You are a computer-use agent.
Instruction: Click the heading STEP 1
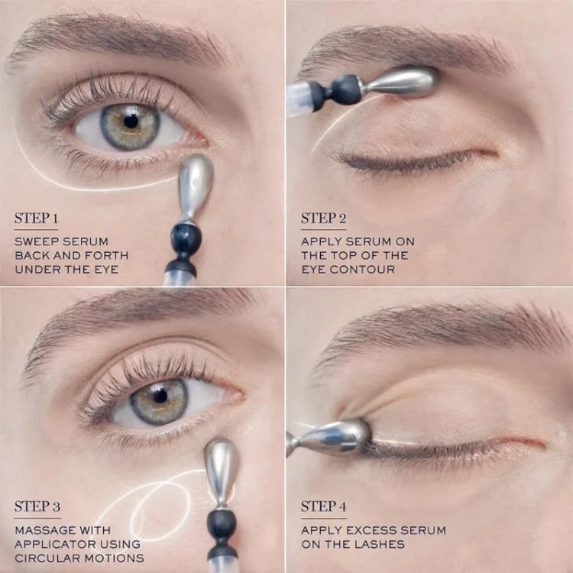point(36,219)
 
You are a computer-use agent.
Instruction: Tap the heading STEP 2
point(323,219)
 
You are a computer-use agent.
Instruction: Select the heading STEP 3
point(37,507)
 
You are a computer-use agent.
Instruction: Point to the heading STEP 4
point(323,507)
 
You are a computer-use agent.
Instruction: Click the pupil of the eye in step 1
point(131,121)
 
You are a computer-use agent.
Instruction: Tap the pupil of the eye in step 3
point(160,397)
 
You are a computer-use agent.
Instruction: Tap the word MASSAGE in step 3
point(42,530)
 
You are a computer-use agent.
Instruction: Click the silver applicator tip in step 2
point(402,82)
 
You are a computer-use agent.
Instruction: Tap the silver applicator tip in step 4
point(335,437)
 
